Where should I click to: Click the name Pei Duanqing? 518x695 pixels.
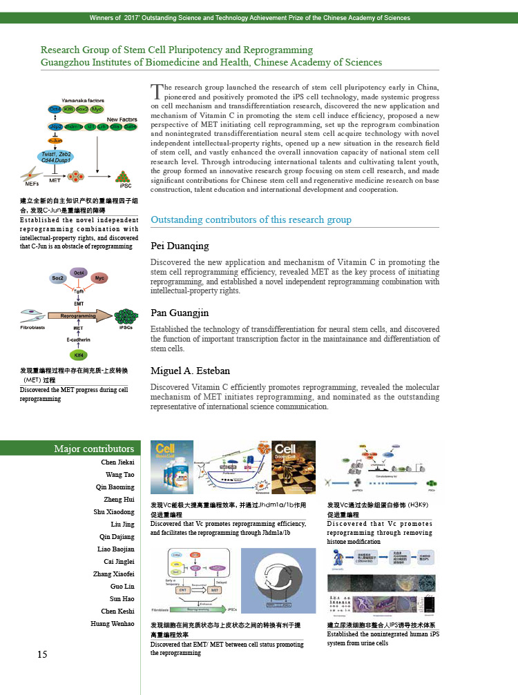180,246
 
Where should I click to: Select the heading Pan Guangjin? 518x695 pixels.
180,313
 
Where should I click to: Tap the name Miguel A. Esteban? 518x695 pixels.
190,371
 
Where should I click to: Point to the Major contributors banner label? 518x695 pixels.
94,449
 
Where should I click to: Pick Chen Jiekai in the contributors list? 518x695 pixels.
117,462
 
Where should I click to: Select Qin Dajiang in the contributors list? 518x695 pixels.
117,537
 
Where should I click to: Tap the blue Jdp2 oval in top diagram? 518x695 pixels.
56,127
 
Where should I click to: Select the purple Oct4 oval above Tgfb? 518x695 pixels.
79,272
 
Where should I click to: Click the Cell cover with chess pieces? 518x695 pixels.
295,465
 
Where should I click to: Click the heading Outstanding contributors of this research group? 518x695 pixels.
251,219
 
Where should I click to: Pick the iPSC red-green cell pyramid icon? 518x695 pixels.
124,176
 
